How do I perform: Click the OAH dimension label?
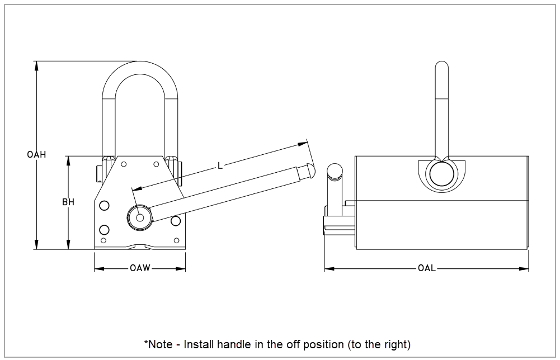tap(36, 154)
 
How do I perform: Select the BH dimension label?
tap(68, 202)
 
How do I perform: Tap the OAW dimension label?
tap(140, 268)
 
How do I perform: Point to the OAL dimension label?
tap(427, 268)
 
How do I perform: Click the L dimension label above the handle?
tap(220, 165)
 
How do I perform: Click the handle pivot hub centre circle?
tap(140, 217)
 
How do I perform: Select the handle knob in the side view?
tap(335, 170)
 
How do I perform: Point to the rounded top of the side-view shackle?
tap(442, 64)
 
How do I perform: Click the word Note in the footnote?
tap(161, 344)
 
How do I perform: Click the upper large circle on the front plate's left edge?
tap(104, 206)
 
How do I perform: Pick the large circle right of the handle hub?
tap(175, 221)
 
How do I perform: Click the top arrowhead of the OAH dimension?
tap(36, 65)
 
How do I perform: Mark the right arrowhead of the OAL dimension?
tap(524, 268)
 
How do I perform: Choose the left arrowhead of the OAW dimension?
tap(99, 268)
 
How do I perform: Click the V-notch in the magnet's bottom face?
tap(140, 246)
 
